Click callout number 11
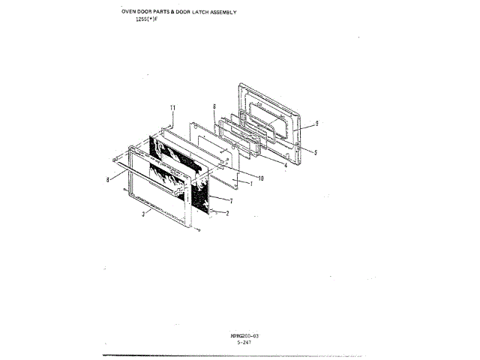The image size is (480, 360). (x=172, y=109)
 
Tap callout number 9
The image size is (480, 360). (x=317, y=122)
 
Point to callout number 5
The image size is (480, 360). (x=316, y=152)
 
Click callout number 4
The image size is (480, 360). (x=285, y=165)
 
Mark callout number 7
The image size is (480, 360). (x=231, y=201)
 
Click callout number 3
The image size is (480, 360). (x=142, y=215)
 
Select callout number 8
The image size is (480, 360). (x=108, y=180)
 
